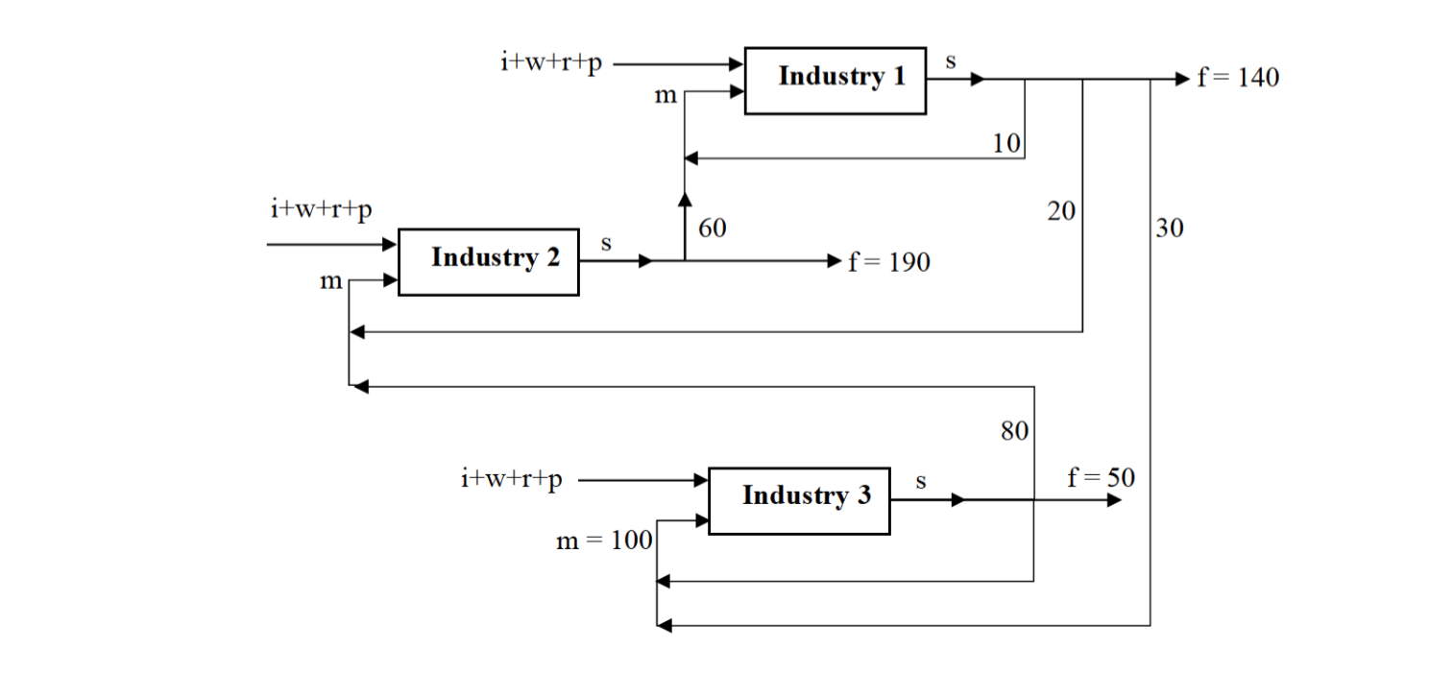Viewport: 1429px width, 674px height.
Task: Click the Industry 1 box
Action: (x=836, y=80)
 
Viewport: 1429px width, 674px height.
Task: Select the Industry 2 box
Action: (x=489, y=261)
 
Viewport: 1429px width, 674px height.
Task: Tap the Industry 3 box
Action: (x=799, y=499)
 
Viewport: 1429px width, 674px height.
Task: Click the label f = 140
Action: (x=1238, y=78)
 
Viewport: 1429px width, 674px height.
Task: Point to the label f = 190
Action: (x=889, y=262)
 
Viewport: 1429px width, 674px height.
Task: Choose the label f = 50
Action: (x=1101, y=477)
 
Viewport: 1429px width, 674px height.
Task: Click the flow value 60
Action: (x=712, y=229)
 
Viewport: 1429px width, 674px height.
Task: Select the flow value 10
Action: (x=1005, y=144)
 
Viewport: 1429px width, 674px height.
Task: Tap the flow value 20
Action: (x=1061, y=211)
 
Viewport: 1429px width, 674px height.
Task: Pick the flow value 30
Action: (x=1170, y=229)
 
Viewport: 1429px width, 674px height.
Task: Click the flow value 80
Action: (x=1014, y=431)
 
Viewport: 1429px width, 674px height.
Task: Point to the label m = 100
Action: (x=604, y=542)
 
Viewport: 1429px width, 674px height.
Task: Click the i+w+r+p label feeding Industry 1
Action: (x=551, y=62)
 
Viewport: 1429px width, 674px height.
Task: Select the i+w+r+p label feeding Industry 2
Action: (x=321, y=209)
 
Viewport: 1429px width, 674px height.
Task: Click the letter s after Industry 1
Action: (x=951, y=62)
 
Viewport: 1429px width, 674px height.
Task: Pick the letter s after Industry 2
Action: (x=606, y=244)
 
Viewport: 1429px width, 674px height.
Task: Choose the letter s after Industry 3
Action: (x=920, y=482)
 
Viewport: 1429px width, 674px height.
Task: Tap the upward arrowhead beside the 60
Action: (x=685, y=198)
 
